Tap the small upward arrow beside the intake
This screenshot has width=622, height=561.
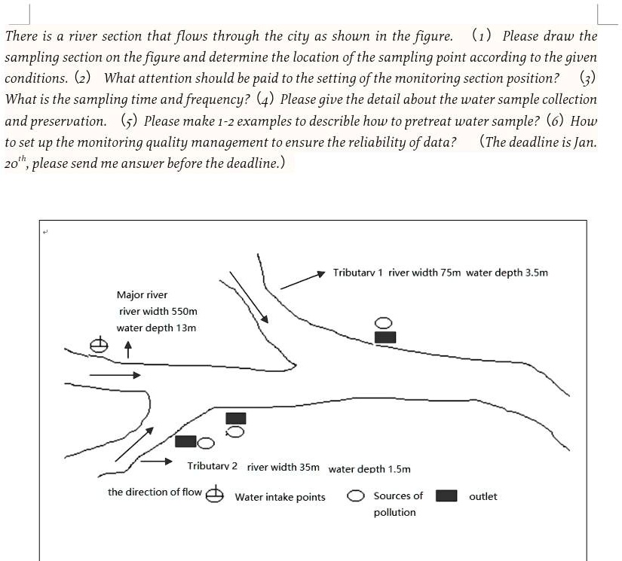(x=128, y=349)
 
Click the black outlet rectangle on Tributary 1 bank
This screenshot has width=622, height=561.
(x=385, y=337)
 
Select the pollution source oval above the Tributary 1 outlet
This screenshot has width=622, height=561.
(x=384, y=323)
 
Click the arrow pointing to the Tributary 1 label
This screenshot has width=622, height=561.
(x=302, y=279)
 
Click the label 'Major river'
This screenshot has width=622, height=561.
(x=142, y=294)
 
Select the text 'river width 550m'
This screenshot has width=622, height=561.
(x=158, y=311)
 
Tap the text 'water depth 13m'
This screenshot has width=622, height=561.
(x=156, y=328)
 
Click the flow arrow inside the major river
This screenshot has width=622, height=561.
(x=115, y=374)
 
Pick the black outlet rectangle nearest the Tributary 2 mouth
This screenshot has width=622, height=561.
(x=185, y=441)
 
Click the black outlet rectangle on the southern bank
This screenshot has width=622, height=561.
(x=236, y=417)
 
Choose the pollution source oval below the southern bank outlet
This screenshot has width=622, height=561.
(x=235, y=431)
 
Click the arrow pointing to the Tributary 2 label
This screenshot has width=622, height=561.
(x=158, y=461)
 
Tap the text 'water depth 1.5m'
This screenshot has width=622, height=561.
(x=369, y=469)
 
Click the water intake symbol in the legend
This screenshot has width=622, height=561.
(x=215, y=494)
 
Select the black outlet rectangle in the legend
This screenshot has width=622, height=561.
(x=447, y=495)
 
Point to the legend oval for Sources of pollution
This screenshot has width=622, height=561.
(x=357, y=496)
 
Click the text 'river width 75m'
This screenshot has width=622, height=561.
(x=424, y=273)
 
